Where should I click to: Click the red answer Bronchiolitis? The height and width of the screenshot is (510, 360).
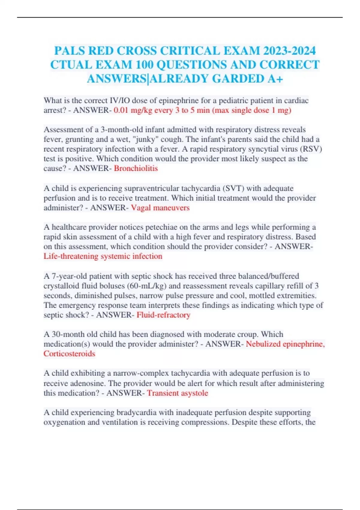(x=136, y=168)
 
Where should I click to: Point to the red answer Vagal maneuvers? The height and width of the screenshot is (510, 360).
(x=160, y=208)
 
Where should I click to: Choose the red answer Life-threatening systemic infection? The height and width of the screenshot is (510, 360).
(x=103, y=256)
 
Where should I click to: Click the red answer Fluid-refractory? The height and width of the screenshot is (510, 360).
(x=163, y=315)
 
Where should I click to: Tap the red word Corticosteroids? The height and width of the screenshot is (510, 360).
(x=69, y=354)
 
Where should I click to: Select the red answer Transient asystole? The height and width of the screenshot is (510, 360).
(x=178, y=393)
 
